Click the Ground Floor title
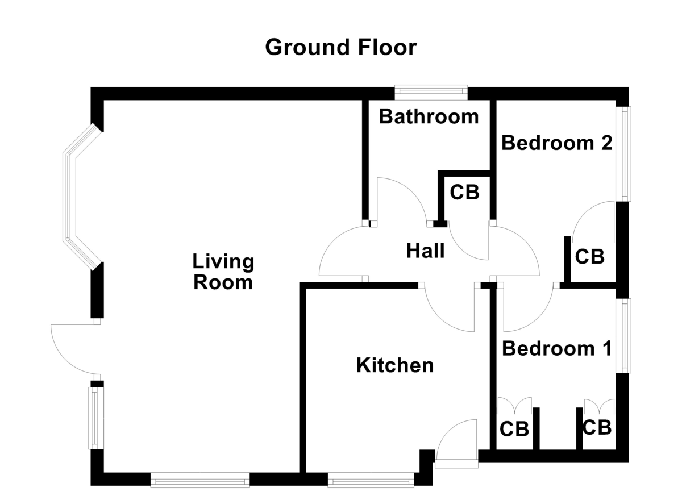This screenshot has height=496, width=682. [x=340, y=47]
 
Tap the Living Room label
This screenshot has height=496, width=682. [x=223, y=272]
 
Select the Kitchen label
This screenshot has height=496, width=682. [x=394, y=365]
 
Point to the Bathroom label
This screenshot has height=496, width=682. [x=429, y=117]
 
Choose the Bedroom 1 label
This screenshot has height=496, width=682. [x=556, y=348]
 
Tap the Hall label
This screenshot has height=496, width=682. [x=425, y=251]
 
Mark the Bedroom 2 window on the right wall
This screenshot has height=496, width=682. [x=625, y=153]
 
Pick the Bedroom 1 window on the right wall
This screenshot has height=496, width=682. [x=625, y=335]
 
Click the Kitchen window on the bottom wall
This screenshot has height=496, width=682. [x=371, y=482]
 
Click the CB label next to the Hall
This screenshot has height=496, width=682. [x=464, y=193]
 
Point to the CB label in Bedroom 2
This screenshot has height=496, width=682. [x=589, y=257]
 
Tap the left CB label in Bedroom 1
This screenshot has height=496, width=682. [x=514, y=428]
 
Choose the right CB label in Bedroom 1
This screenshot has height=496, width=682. [x=597, y=427]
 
